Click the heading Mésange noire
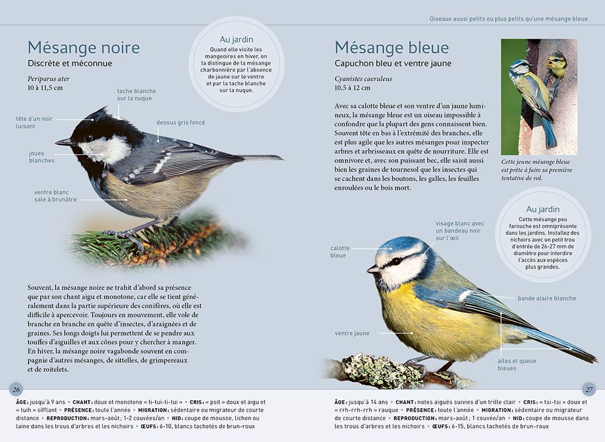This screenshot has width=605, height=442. (83, 48)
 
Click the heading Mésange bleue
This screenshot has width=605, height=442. (391, 48)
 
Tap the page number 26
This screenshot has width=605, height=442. (16, 389)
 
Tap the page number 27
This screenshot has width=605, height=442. (588, 389)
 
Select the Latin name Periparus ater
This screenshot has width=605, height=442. (48, 79)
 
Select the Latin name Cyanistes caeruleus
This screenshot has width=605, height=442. (363, 79)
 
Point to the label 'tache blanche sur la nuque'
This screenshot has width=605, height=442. (136, 95)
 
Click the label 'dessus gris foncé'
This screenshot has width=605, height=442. (180, 123)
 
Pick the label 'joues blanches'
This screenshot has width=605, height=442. (41, 157)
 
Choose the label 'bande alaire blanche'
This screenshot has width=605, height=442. (546, 298)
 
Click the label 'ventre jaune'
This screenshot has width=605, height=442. (352, 333)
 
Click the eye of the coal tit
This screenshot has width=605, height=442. (89, 138)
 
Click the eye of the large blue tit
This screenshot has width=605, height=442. (394, 261)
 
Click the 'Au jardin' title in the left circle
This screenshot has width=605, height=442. (236, 39)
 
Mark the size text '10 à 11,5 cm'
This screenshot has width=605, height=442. (45, 88)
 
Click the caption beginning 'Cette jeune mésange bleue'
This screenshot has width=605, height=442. (537, 170)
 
